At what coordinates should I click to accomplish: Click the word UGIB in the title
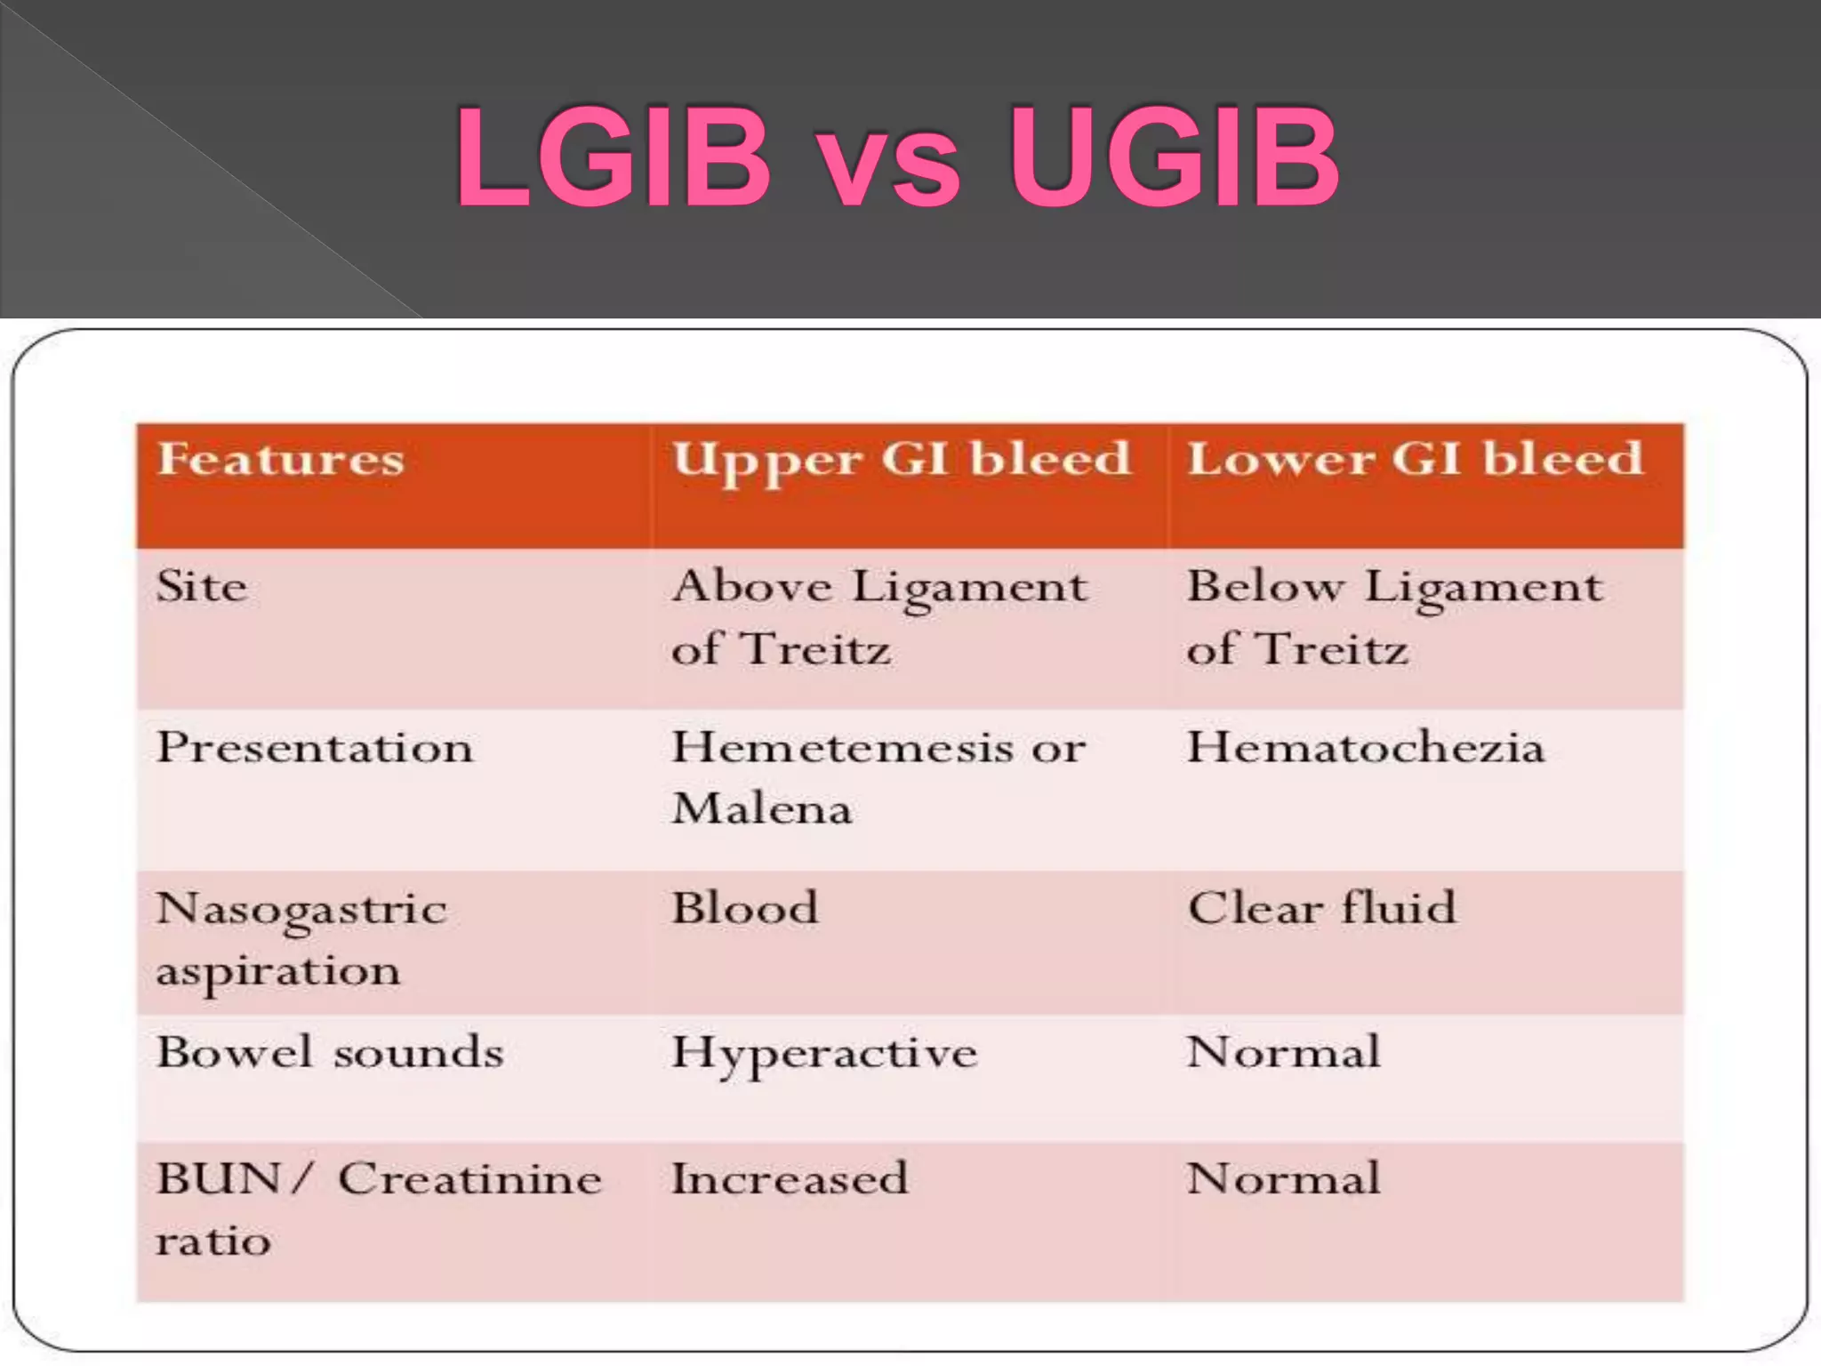tap(1174, 158)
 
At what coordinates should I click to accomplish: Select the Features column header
tap(281, 461)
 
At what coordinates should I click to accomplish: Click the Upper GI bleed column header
tap(901, 461)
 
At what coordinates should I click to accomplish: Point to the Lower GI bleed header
tap(1415, 461)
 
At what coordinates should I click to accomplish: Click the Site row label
tap(202, 587)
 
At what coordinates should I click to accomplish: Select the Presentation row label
tap(315, 747)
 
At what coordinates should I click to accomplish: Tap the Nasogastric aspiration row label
tap(301, 939)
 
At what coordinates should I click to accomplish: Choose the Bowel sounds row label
tap(330, 1053)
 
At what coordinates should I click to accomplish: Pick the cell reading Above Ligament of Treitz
tap(878, 617)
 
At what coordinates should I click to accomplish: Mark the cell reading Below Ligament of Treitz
tap(1394, 617)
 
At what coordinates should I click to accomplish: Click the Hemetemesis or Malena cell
tap(878, 777)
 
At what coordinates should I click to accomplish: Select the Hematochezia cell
tap(1366, 747)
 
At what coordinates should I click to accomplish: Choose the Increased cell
tap(790, 1179)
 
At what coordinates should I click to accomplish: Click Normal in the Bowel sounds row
tap(1284, 1053)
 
